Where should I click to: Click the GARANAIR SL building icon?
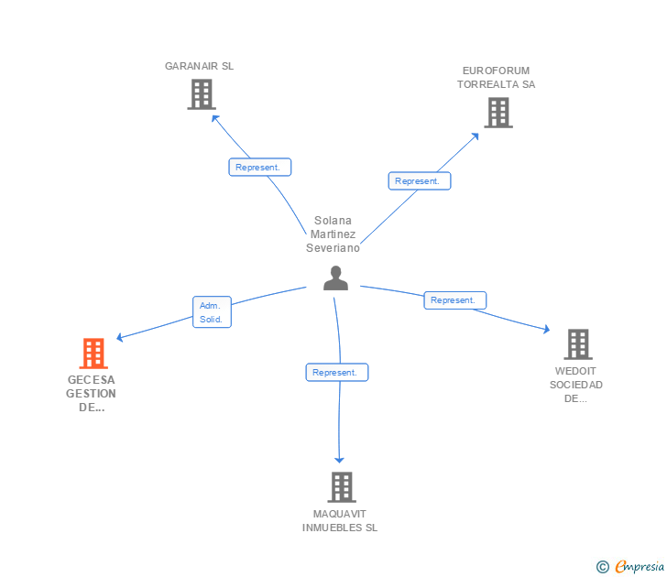tap(201, 94)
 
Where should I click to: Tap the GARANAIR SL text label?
tap(199, 66)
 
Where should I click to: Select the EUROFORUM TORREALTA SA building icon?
tap(498, 113)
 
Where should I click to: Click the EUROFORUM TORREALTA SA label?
tap(496, 78)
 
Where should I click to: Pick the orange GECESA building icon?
tap(93, 354)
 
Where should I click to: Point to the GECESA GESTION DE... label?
tap(92, 394)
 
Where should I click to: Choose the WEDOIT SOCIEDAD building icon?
tap(577, 344)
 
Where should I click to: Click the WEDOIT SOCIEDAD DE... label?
tap(576, 385)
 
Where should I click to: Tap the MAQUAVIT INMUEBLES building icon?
tap(341, 487)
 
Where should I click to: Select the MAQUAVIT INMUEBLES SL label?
tap(340, 520)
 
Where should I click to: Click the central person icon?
tap(335, 278)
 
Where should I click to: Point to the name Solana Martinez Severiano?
tap(333, 234)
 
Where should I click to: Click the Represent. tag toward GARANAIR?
tap(260, 168)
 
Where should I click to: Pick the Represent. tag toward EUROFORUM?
tap(419, 181)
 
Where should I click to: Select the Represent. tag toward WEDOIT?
tap(454, 300)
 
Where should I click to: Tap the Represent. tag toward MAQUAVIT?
tap(336, 373)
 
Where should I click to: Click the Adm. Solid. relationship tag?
tap(212, 312)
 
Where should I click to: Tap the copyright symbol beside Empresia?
tap(603, 568)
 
